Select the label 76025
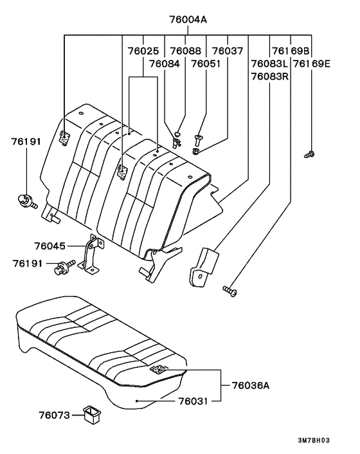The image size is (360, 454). point(142,50)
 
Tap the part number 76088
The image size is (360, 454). point(186,50)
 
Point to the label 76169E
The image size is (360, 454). point(312,64)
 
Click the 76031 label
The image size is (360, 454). point(195,400)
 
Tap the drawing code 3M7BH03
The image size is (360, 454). point(313,441)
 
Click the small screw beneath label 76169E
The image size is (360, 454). point(310,154)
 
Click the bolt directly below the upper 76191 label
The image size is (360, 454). point(25,201)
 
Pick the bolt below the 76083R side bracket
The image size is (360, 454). point(230,292)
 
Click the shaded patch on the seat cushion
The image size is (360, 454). point(159,370)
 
